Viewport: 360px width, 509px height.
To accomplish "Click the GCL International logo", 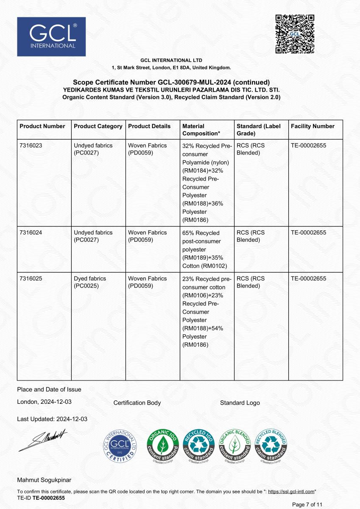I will pos(51,36).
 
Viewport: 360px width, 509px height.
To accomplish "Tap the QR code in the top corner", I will pos(295,34).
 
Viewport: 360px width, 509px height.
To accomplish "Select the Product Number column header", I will pos(42,126).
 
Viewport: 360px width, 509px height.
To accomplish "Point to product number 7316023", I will pos(31,145).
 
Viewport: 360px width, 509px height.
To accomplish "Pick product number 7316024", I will pos(31,233).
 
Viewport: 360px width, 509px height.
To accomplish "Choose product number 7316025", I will pos(31,279).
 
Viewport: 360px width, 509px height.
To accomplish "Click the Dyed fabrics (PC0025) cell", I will pos(90,282).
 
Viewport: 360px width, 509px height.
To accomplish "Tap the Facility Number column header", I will pos(313,126).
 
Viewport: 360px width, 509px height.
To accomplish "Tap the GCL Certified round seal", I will pos(121,446).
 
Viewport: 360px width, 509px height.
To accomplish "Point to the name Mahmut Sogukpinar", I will pos(44,480).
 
